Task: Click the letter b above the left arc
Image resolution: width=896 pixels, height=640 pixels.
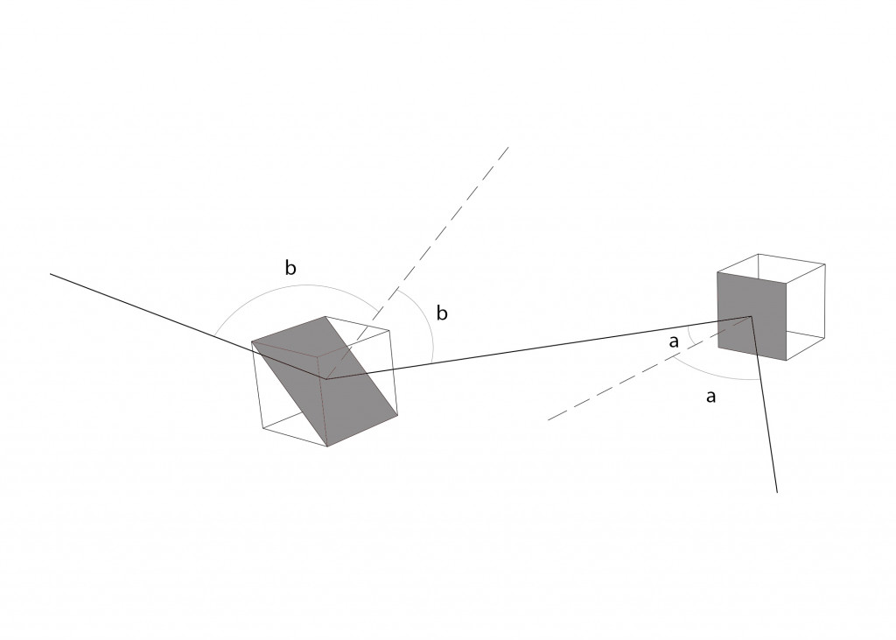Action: pyautogui.click(x=290, y=268)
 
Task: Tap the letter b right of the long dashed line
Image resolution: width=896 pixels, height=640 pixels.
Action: pyautogui.click(x=442, y=313)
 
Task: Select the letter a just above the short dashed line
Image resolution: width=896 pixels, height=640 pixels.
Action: pyautogui.click(x=674, y=342)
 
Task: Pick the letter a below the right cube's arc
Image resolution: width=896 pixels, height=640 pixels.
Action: pyautogui.click(x=710, y=397)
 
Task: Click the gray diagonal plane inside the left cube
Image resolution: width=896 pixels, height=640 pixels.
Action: pyautogui.click(x=325, y=380)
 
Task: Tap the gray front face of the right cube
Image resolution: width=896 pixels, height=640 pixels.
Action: pyautogui.click(x=752, y=316)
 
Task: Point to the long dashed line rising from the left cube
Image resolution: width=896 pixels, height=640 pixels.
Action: pyautogui.click(x=417, y=264)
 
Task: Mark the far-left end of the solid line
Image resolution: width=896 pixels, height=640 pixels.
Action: pyautogui.click(x=50, y=274)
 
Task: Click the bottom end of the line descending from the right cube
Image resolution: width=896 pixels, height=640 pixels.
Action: pyautogui.click(x=777, y=492)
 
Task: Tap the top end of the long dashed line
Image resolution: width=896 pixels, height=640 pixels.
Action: pyautogui.click(x=508, y=147)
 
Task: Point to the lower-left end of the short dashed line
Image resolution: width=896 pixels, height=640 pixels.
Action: pyautogui.click(x=548, y=420)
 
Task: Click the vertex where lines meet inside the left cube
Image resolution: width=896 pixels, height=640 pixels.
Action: pyautogui.click(x=326, y=379)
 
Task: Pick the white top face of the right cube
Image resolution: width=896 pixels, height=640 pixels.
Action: pyautogui.click(x=772, y=268)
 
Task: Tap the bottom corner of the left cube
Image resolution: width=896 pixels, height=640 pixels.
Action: pyautogui.click(x=327, y=447)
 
